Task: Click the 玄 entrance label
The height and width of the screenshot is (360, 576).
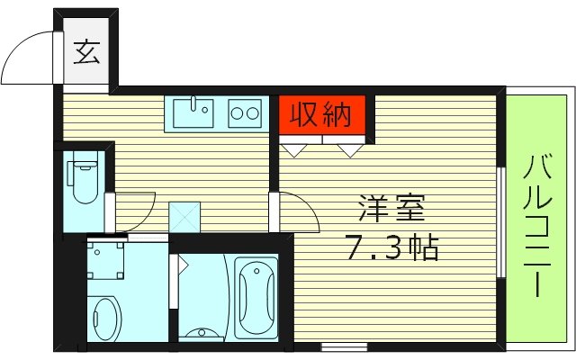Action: (85, 53)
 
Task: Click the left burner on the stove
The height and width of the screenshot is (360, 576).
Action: (238, 113)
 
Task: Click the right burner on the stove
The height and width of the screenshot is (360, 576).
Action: (253, 113)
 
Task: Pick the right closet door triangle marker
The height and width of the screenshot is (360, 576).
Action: (348, 148)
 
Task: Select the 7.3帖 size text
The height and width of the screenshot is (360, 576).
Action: (392, 246)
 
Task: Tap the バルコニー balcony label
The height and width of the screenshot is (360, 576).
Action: (537, 225)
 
